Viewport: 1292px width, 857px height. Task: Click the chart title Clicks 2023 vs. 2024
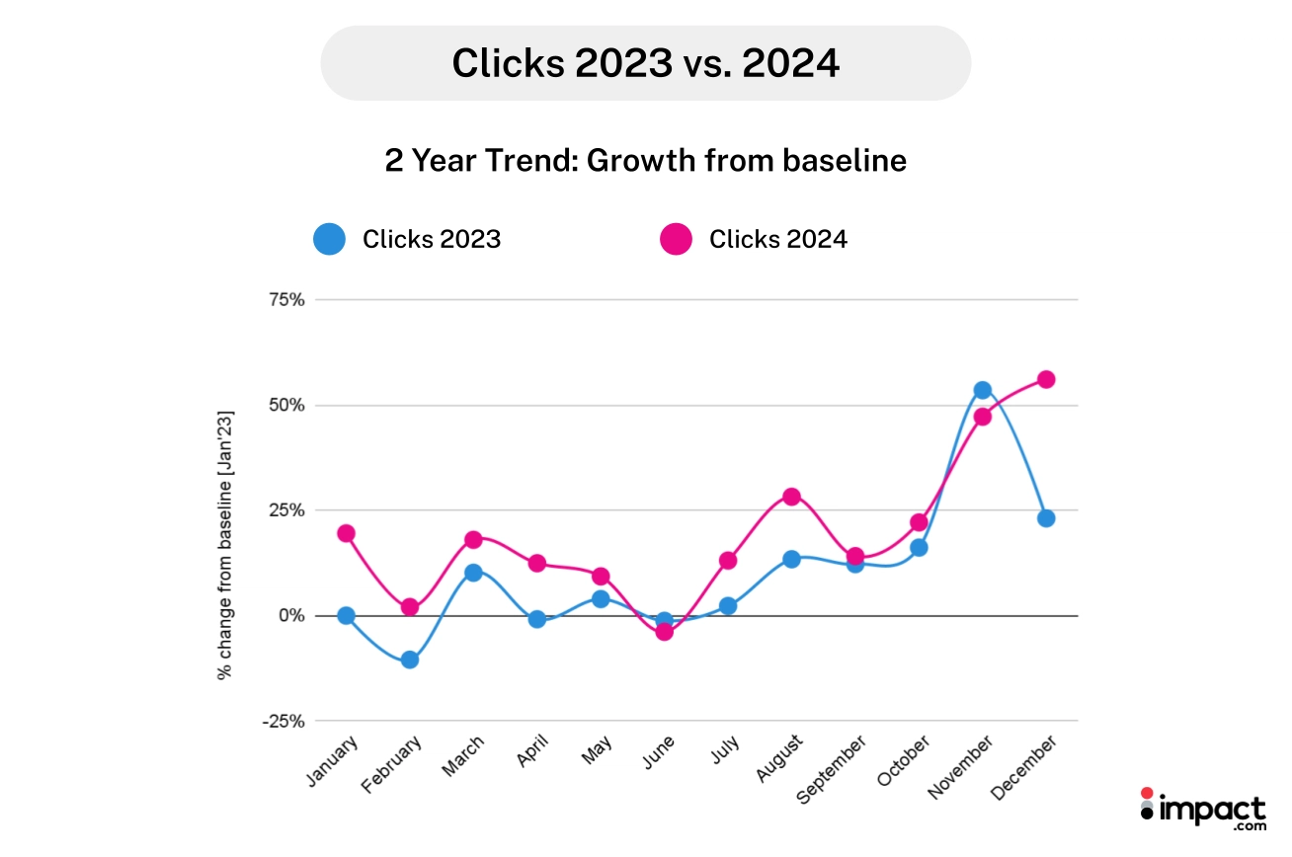(645, 63)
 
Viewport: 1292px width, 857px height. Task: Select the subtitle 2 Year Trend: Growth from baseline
(645, 160)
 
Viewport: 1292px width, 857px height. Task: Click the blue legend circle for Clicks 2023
(329, 239)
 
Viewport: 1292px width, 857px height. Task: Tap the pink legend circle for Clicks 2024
(676, 239)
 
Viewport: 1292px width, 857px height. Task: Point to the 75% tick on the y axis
(283, 300)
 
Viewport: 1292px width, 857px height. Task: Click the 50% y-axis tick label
(283, 406)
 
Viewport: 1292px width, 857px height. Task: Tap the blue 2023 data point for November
(982, 390)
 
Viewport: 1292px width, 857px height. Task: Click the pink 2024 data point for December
(1046, 379)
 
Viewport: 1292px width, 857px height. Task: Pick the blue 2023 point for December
(1046, 518)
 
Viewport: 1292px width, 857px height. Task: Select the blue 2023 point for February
(410, 660)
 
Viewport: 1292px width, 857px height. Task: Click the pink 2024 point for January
(346, 533)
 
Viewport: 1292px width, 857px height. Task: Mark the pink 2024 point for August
(791, 497)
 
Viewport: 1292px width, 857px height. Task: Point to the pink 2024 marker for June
(664, 632)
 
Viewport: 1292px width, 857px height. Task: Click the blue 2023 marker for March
(473, 573)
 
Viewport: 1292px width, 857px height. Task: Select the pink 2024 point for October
(919, 522)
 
